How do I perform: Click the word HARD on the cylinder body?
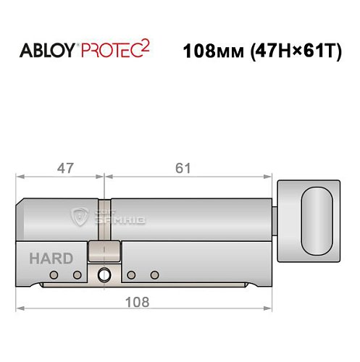click(50, 258)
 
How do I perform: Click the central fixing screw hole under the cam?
click(104, 274)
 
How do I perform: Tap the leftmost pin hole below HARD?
click(54, 275)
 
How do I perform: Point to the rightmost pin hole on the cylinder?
click(154, 275)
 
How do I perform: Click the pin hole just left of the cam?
click(77, 275)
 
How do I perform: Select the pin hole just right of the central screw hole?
click(131, 275)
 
